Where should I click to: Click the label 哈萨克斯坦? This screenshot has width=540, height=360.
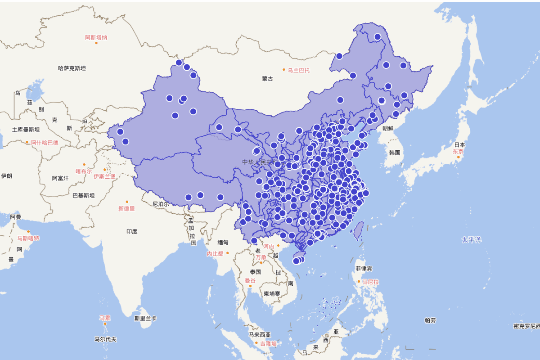[72, 68]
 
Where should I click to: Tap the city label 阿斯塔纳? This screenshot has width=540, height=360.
[96, 37]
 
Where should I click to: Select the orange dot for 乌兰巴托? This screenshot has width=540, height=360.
[284, 70]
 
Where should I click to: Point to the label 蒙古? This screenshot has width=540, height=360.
[267, 79]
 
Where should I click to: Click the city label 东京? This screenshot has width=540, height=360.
[458, 152]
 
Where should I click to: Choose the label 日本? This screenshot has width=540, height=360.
[459, 145]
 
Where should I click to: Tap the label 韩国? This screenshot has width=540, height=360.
[395, 153]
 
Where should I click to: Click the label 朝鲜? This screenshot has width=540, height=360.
[388, 128]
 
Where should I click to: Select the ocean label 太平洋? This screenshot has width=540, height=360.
[471, 240]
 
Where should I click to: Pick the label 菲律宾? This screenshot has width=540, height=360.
[364, 269]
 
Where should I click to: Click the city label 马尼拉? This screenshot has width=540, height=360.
[370, 282]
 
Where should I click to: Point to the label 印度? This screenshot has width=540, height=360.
[132, 232]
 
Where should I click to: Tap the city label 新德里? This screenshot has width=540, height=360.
[126, 208]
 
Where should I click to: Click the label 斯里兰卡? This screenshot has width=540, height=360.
[145, 318]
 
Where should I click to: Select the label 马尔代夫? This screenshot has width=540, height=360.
[105, 339]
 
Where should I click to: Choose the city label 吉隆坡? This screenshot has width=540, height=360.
[268, 343]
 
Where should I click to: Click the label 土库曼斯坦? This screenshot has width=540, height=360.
[26, 130]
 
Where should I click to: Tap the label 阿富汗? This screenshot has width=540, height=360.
[60, 178]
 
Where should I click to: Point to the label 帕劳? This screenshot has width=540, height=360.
[430, 320]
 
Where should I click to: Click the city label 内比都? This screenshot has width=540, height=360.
[215, 254]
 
